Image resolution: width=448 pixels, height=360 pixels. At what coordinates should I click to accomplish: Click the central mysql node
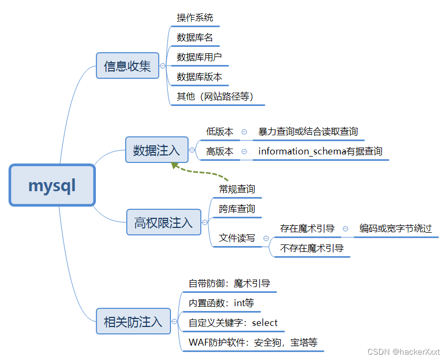pyautogui.click(x=52, y=185)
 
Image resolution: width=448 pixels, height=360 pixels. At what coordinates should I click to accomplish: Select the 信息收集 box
pyautogui.click(x=127, y=66)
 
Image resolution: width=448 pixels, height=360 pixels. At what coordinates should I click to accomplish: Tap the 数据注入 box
pyautogui.click(x=157, y=151)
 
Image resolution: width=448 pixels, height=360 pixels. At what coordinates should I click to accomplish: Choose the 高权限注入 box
pyautogui.click(x=164, y=222)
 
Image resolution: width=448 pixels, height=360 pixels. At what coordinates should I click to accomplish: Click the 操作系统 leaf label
pyautogui.click(x=195, y=18)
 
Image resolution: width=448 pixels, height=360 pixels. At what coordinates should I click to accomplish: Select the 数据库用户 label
pyautogui.click(x=199, y=57)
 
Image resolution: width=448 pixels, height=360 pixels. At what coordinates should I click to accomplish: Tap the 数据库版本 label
pyautogui.click(x=199, y=77)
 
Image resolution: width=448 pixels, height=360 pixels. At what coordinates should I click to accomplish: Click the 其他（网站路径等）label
pyautogui.click(x=215, y=96)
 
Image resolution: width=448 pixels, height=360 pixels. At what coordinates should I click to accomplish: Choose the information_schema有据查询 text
pyautogui.click(x=320, y=151)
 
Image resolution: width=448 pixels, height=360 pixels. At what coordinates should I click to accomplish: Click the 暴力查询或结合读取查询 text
pyautogui.click(x=308, y=132)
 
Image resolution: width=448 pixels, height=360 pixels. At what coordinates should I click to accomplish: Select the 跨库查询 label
pyautogui.click(x=237, y=209)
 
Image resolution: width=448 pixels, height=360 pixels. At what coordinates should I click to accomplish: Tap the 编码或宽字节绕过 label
pyautogui.click(x=395, y=228)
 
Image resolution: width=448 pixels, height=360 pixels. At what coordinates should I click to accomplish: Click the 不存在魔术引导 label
pyautogui.click(x=312, y=248)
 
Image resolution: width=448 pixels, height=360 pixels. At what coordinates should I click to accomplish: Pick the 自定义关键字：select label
pyautogui.click(x=233, y=323)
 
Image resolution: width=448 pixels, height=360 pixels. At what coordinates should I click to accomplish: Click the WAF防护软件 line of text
pyautogui.click(x=253, y=342)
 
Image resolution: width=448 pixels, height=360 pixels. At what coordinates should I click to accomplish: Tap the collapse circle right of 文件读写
pyautogui.click(x=266, y=238)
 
